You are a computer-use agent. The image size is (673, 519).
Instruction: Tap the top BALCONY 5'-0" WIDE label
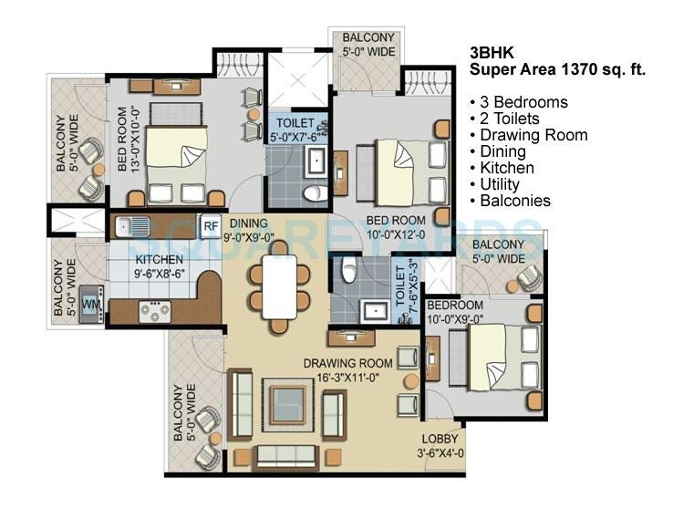(368, 45)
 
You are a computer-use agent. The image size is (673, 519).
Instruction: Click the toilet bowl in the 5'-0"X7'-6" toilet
(315, 193)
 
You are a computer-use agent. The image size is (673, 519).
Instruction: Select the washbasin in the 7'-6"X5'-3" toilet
(375, 311)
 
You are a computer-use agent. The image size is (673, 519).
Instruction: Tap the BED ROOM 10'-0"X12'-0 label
(397, 227)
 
